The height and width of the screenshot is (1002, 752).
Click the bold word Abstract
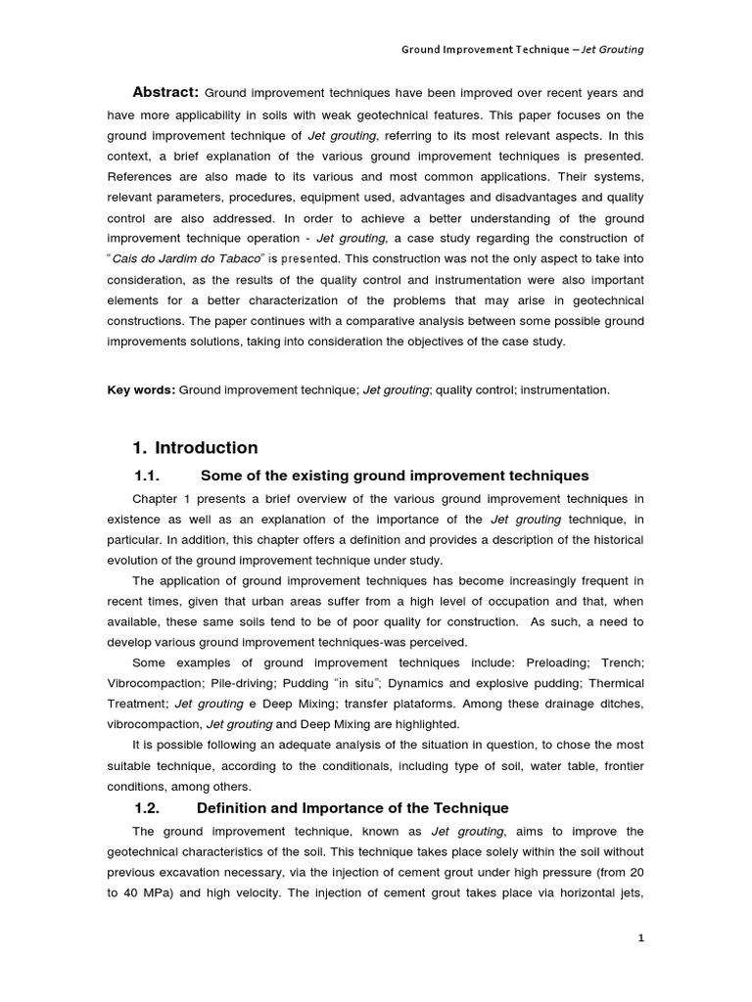pos(164,92)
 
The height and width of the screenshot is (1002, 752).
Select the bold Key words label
pos(141,389)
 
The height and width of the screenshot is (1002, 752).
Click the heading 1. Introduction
pos(195,448)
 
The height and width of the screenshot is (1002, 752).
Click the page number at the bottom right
pos(640,938)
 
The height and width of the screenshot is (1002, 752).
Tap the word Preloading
pos(555,662)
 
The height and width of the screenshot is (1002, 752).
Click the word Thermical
pos(613,683)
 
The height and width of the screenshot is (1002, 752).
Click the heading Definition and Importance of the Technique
pos(352,808)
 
